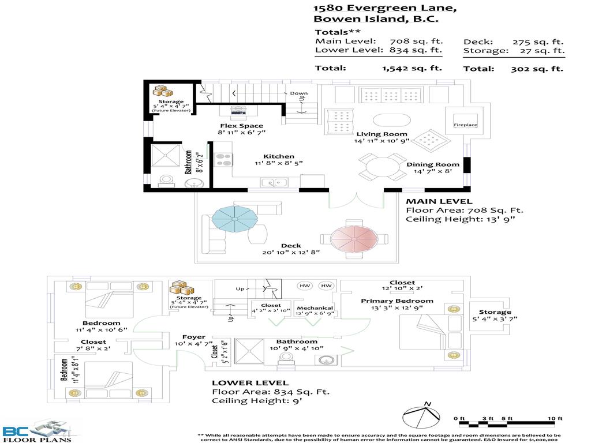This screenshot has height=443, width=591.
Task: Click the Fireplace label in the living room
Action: (x=465, y=125)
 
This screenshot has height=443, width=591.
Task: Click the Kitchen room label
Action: (x=279, y=156)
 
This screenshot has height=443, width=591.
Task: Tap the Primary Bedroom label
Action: (x=397, y=301)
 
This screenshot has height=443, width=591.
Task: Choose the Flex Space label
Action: (x=241, y=126)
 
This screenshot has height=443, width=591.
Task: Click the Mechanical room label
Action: (x=315, y=308)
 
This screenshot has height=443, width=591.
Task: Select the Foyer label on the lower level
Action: (x=194, y=337)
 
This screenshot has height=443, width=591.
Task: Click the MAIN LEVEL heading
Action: (x=439, y=201)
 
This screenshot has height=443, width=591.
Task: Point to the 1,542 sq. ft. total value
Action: (x=412, y=68)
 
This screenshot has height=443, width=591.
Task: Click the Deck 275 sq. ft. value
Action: (x=538, y=42)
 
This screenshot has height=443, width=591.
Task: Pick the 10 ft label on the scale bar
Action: (x=555, y=418)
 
